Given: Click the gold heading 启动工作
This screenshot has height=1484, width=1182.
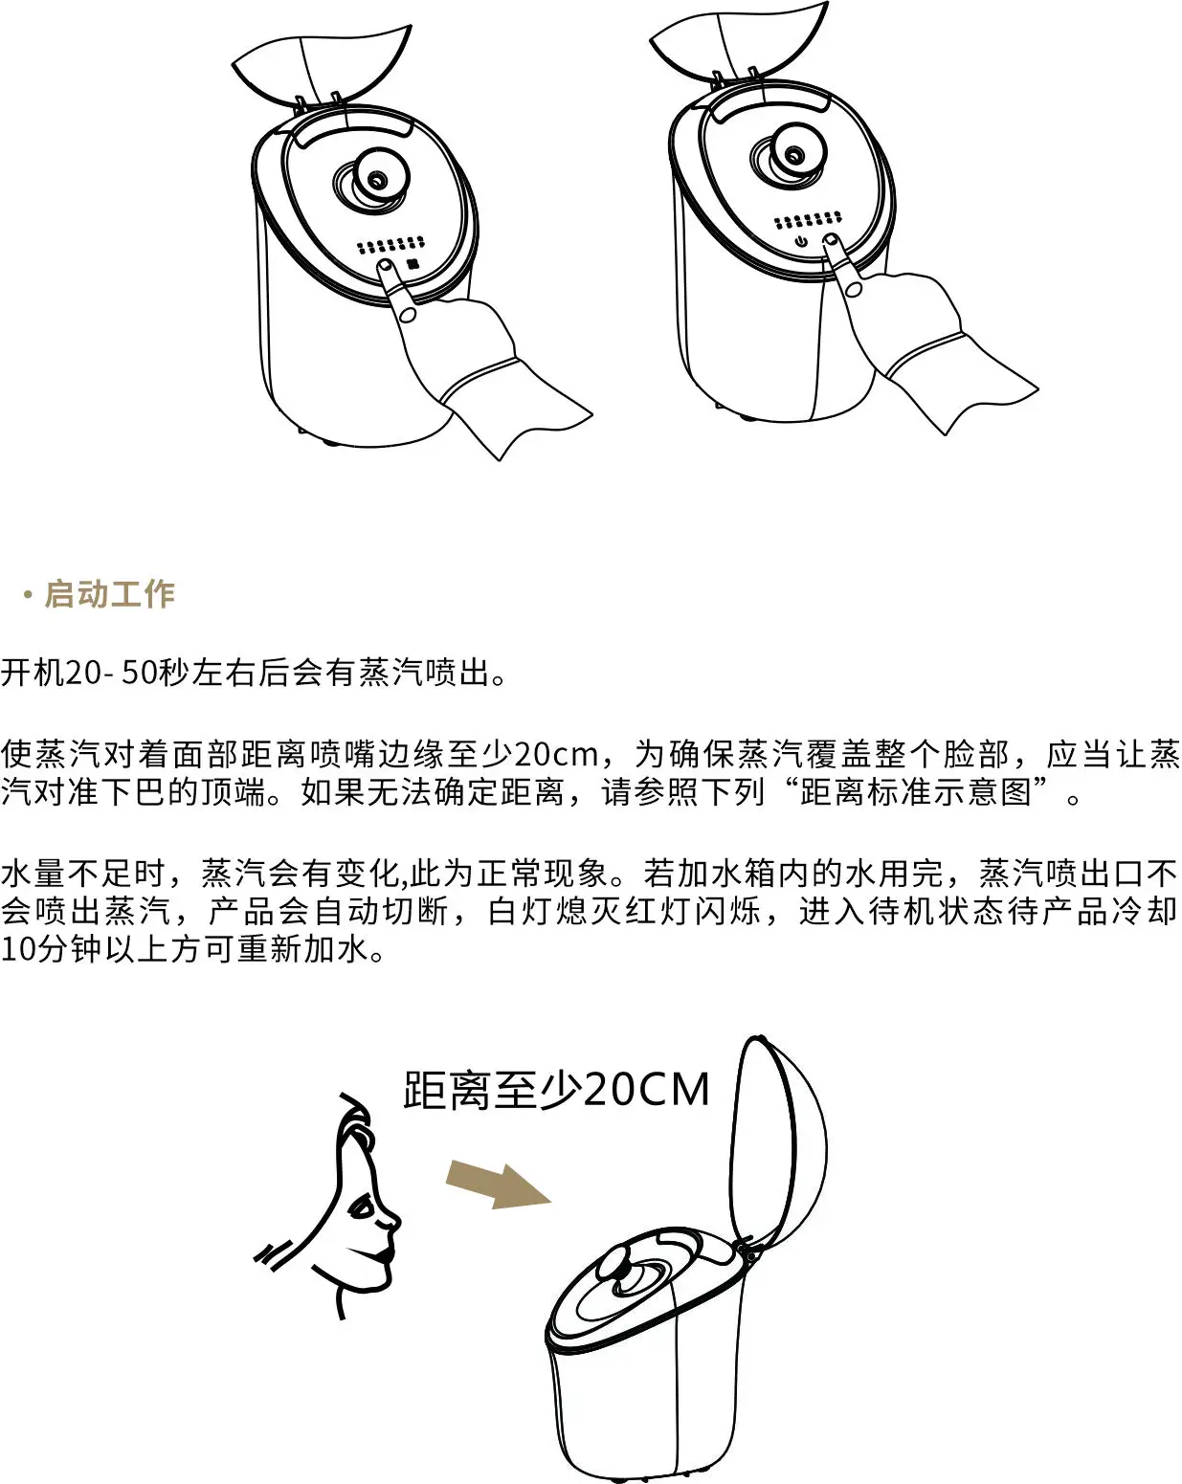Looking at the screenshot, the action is pyautogui.click(x=110, y=594).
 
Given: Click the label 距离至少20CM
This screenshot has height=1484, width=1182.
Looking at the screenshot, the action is pyautogui.click(x=556, y=1090).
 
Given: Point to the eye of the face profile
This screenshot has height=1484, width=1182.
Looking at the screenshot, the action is pyautogui.click(x=363, y=1208).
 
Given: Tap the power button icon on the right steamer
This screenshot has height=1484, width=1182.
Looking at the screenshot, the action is pyautogui.click(x=801, y=241).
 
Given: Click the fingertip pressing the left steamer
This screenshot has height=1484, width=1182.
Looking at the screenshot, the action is pyautogui.click(x=385, y=265).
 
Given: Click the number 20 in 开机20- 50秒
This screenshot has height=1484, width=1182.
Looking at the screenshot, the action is pyautogui.click(x=83, y=673).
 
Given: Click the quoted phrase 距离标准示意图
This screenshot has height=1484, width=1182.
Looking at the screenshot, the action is pyautogui.click(x=916, y=791).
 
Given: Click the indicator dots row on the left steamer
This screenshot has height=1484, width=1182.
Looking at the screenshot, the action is pyautogui.click(x=390, y=245).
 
